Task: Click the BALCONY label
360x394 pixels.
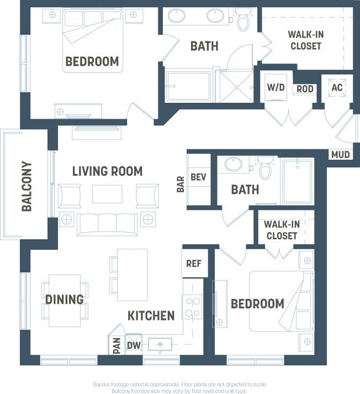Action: (27, 186)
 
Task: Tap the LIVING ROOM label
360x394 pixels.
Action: (107, 171)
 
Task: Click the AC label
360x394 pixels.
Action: (336, 87)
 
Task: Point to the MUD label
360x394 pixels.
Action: (341, 155)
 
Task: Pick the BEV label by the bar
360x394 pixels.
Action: (198, 177)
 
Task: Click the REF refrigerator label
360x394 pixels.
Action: (193, 264)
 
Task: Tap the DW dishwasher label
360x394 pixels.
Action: (134, 345)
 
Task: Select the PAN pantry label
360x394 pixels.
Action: (117, 345)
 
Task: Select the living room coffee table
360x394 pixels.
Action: (107, 194)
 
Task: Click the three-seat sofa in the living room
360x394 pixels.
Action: (107, 223)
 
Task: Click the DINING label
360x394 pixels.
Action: (65, 300)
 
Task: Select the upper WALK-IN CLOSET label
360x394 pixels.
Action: (305, 40)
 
